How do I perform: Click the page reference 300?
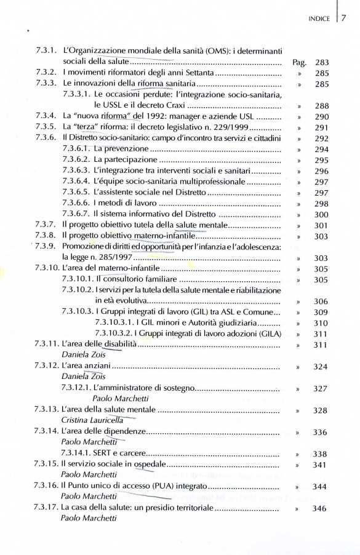tap(321, 214)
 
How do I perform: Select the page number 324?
tap(321, 367)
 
